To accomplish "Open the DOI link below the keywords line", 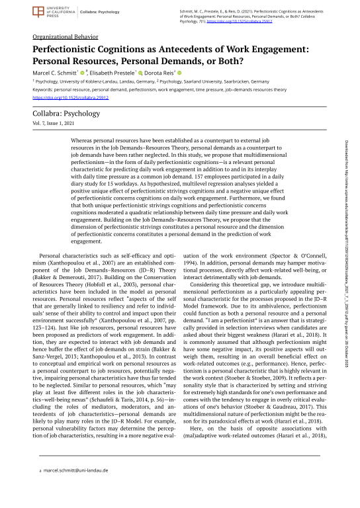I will [x=71, y=97].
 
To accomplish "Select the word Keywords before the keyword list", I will [x=43, y=89].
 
